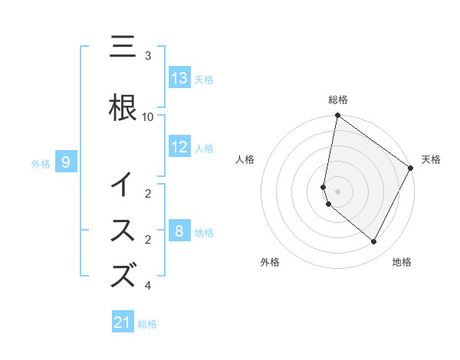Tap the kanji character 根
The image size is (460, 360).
coord(123,108)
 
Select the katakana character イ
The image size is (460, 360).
coord(123,185)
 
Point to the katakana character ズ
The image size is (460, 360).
coord(123,275)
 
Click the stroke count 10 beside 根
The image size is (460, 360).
coord(148,116)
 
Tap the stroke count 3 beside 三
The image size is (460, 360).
coord(148,56)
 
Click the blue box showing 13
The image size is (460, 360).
coord(179,78)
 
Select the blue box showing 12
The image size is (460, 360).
coord(179,148)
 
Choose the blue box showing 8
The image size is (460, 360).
coord(179,231)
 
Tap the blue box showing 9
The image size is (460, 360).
coord(66,162)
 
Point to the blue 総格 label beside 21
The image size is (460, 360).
coord(147,324)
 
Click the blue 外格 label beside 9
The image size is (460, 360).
coord(41,163)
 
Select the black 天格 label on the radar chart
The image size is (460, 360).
coord(431,159)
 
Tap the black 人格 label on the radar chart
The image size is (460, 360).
coord(245,159)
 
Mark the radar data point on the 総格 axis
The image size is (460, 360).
coord(337,116)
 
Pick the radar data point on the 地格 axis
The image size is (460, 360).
coord(374,242)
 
